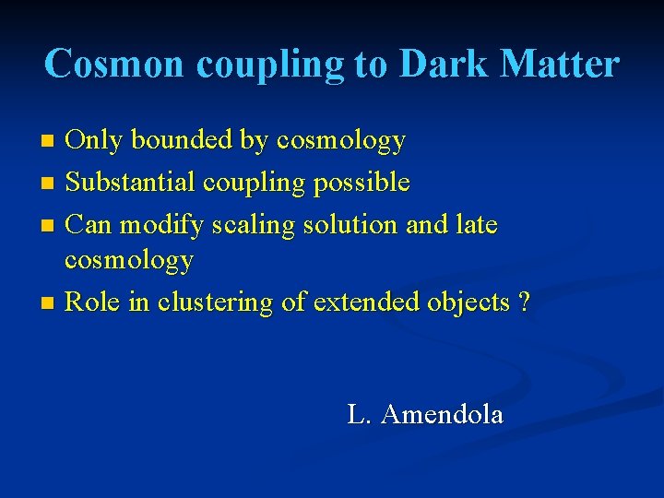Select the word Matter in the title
[563, 65]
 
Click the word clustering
[219, 303]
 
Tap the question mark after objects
[524, 302]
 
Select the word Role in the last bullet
[94, 302]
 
